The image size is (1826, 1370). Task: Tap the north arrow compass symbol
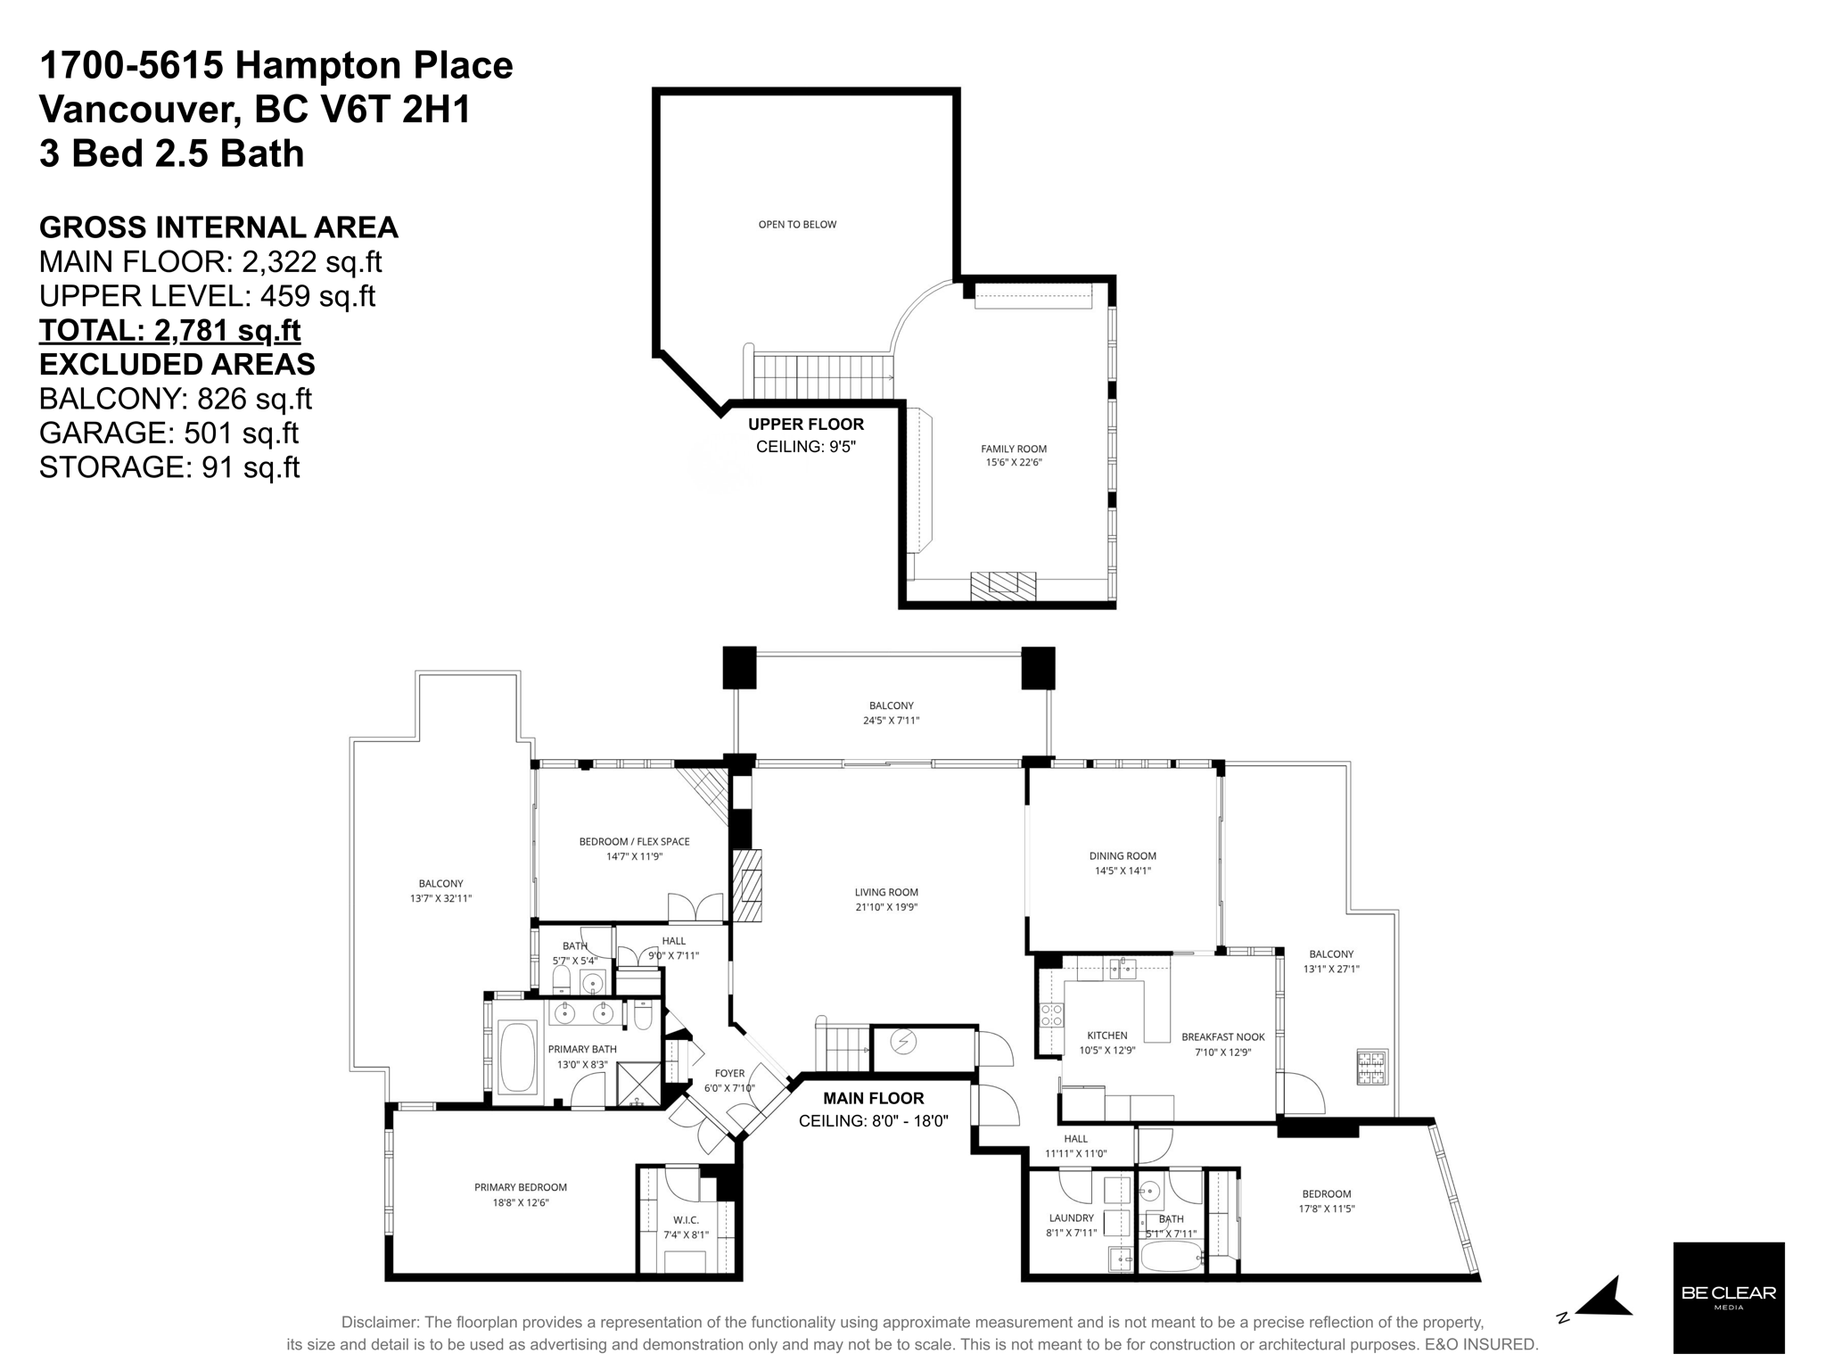[1605, 1299]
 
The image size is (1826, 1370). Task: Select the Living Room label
[885, 892]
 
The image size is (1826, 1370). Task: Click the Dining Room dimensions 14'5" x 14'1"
[1123, 871]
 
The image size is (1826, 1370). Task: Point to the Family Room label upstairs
[1014, 449]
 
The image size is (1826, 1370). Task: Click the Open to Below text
[797, 225]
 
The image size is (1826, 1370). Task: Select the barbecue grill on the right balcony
[1372, 1068]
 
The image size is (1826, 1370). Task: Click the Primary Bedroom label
[521, 1187]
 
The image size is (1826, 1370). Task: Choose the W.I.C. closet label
[686, 1220]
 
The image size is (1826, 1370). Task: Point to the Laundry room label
[1071, 1218]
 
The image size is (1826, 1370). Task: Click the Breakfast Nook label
[1222, 1037]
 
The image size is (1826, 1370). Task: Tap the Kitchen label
[1106, 1036]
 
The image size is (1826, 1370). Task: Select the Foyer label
[729, 1074]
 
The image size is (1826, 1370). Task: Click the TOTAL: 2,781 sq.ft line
[169, 330]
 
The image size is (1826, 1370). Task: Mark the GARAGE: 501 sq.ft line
[169, 433]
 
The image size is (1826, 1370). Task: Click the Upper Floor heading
[805, 425]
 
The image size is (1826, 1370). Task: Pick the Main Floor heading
[873, 1098]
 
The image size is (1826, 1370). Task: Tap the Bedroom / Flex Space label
[634, 841]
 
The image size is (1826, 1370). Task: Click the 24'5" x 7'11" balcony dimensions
[891, 721]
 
